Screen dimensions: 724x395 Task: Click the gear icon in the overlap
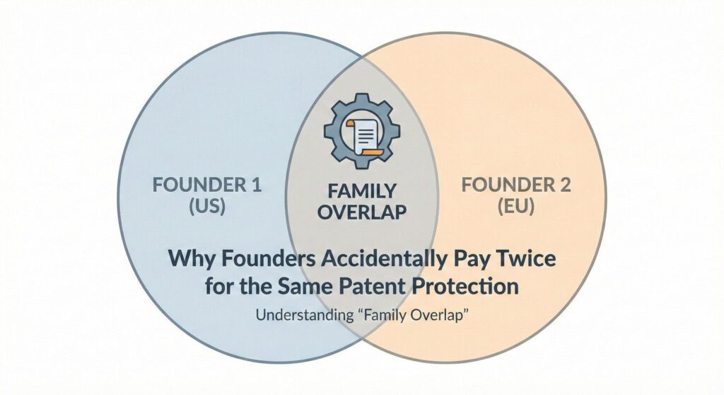pos(362,131)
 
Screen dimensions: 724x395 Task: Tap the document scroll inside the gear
pos(362,134)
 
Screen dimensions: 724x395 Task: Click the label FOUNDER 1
pos(207,185)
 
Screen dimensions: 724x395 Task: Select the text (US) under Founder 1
pos(207,206)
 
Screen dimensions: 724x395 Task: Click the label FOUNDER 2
pos(516,185)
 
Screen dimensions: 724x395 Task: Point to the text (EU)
pos(516,206)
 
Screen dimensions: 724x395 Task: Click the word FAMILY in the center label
pos(362,191)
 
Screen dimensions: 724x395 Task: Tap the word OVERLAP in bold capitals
pos(363,212)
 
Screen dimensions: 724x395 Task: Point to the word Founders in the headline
pos(262,258)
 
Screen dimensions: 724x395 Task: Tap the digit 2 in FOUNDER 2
pos(565,185)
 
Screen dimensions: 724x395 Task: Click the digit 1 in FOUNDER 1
pos(257,185)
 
